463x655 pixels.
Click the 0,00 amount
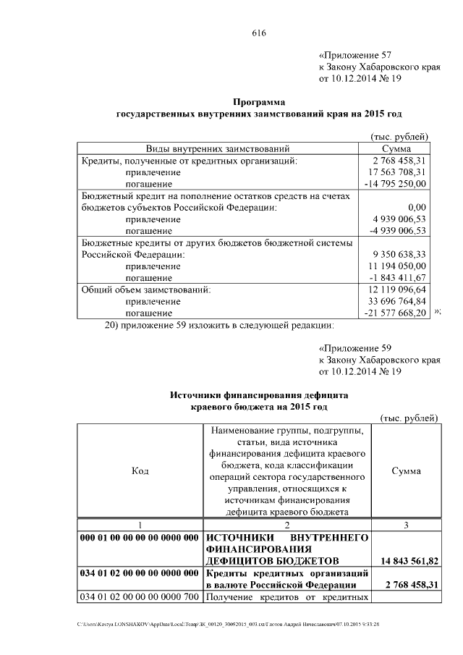[x=416, y=208]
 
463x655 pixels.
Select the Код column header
[x=140, y=470]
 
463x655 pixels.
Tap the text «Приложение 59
[x=355, y=347]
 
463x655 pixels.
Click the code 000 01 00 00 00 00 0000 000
[x=140, y=538]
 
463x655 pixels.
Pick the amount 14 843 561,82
[x=407, y=561]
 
